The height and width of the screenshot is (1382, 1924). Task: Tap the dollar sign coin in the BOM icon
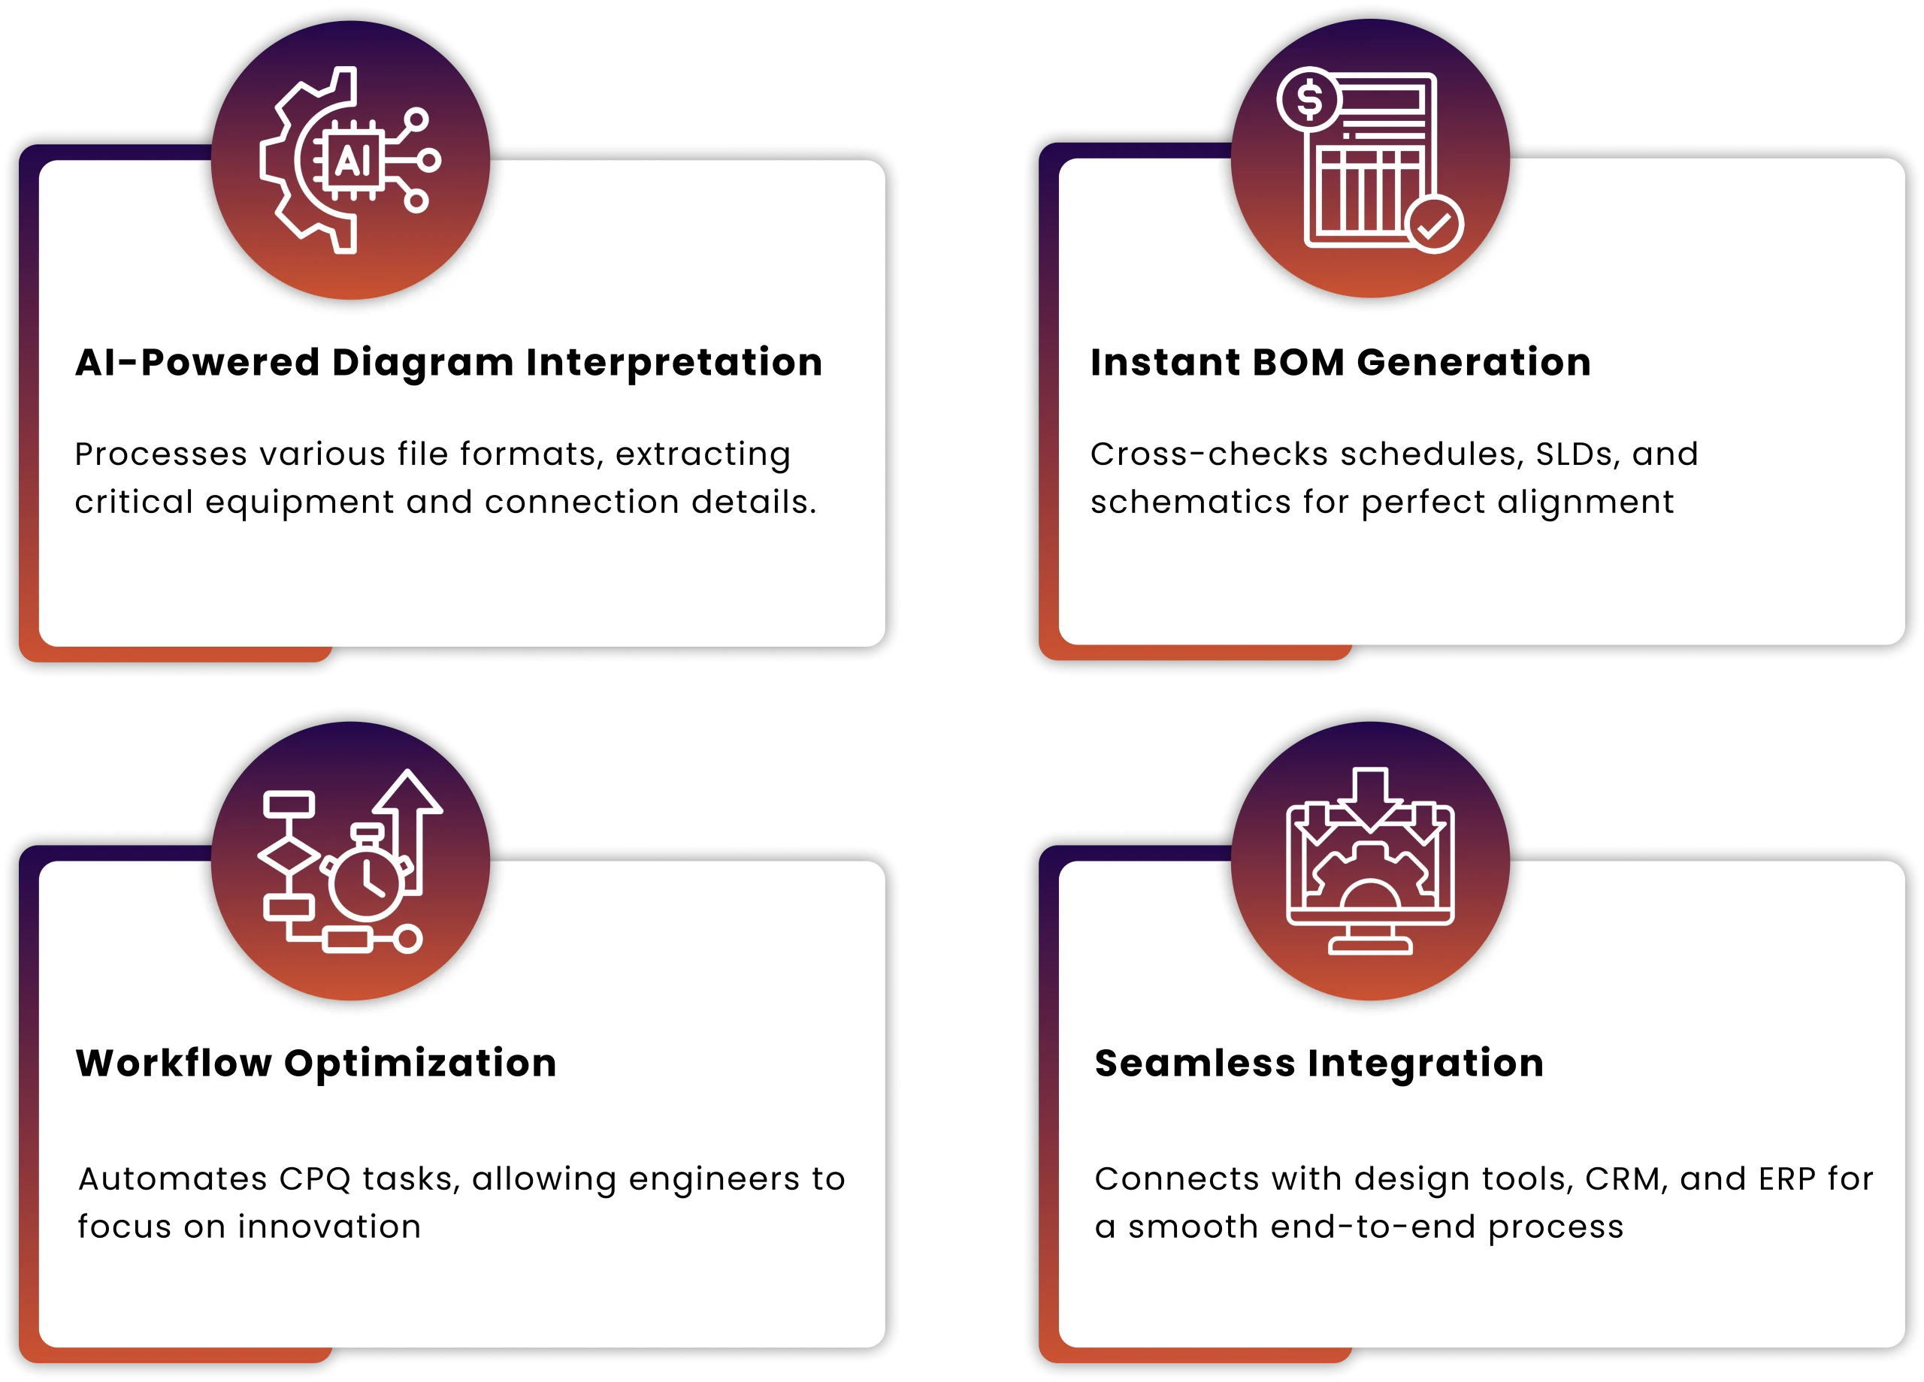click(1309, 99)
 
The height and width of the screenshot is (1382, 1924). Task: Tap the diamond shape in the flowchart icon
click(289, 856)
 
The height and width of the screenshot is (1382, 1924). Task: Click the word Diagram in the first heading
click(422, 363)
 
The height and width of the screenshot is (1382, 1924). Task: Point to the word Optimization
click(421, 1064)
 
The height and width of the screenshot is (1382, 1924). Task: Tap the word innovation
click(329, 1227)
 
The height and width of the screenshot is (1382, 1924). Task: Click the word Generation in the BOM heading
click(1474, 362)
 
